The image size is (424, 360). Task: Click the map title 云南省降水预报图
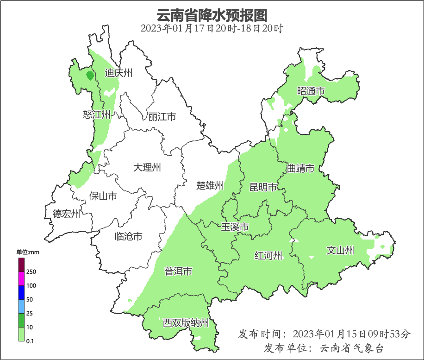(212, 15)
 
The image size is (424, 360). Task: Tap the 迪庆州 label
(118, 73)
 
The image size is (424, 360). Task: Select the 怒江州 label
(97, 114)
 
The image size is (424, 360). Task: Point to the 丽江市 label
(162, 117)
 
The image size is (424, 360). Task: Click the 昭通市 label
(311, 91)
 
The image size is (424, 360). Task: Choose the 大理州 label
(147, 167)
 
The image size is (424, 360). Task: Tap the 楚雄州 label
(210, 186)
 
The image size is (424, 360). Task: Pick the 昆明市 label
(263, 187)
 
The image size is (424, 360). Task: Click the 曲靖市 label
(300, 168)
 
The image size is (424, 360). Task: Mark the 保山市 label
(103, 196)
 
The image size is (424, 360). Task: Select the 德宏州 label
(66, 214)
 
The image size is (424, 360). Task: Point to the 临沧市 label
(128, 237)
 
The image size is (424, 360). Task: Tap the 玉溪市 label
(235, 227)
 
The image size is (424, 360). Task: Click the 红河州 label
(268, 255)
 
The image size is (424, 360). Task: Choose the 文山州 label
(340, 251)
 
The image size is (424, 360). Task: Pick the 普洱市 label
(178, 272)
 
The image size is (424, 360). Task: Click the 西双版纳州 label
(186, 323)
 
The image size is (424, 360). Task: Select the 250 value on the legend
(31, 272)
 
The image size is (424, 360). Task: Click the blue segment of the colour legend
(21, 292)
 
